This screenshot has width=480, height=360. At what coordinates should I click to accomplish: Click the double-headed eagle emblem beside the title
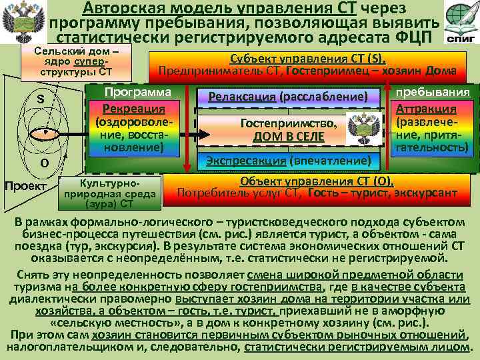tap(25, 23)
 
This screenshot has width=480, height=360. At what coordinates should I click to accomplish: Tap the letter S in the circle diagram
tap(40, 98)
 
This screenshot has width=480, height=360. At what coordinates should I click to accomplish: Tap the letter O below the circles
tap(43, 162)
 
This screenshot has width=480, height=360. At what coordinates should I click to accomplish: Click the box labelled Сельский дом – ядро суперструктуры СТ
tap(77, 61)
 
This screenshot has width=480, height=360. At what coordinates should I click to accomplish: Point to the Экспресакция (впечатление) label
tap(287, 161)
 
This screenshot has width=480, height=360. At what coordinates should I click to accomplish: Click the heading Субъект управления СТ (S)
tap(307, 59)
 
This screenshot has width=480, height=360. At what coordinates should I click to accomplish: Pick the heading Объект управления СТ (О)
tap(317, 181)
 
